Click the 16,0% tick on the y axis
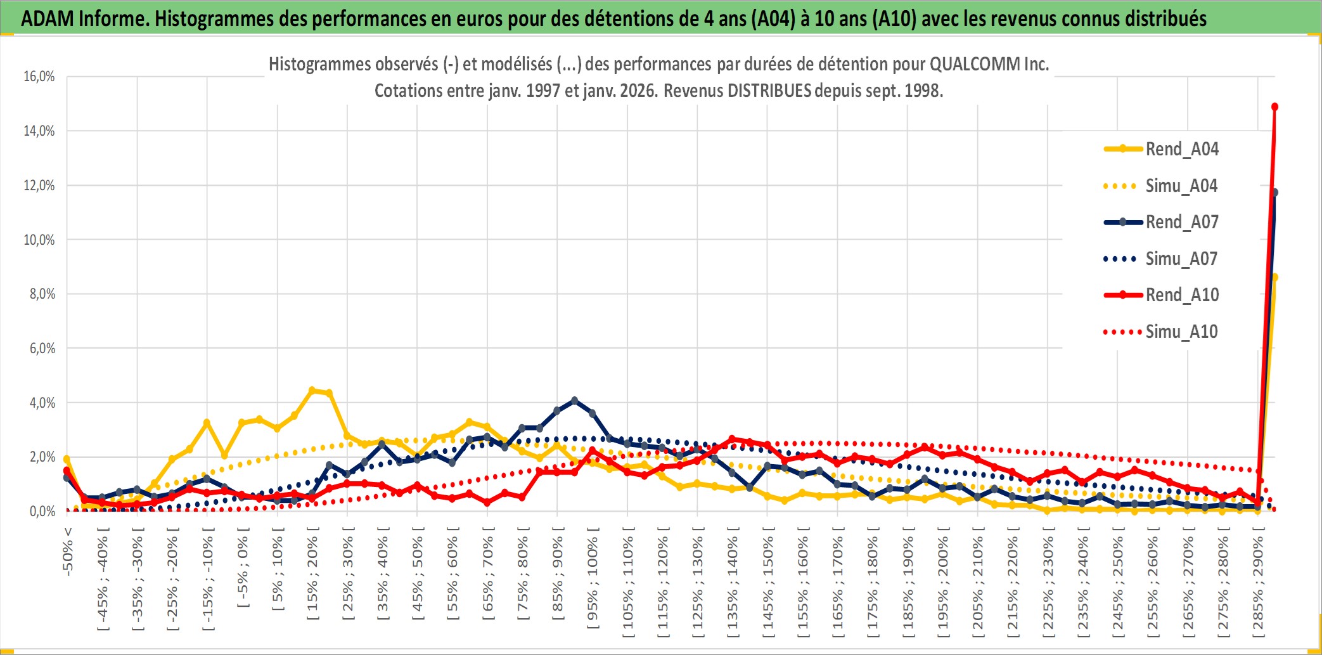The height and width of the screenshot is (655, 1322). coord(39,77)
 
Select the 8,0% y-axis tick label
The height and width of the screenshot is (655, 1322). coord(42,294)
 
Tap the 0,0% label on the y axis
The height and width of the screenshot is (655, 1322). coord(42,512)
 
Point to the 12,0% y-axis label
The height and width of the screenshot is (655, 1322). coord(39,186)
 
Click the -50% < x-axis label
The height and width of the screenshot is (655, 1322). coord(68,551)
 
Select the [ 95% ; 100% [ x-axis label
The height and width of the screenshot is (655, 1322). coord(593,583)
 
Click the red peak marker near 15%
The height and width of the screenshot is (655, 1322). coord(1274,107)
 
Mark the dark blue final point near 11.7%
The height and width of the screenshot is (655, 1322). coord(1274,192)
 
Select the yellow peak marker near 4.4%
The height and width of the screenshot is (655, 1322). coord(312,391)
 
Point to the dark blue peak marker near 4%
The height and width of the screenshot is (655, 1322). coord(574,401)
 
